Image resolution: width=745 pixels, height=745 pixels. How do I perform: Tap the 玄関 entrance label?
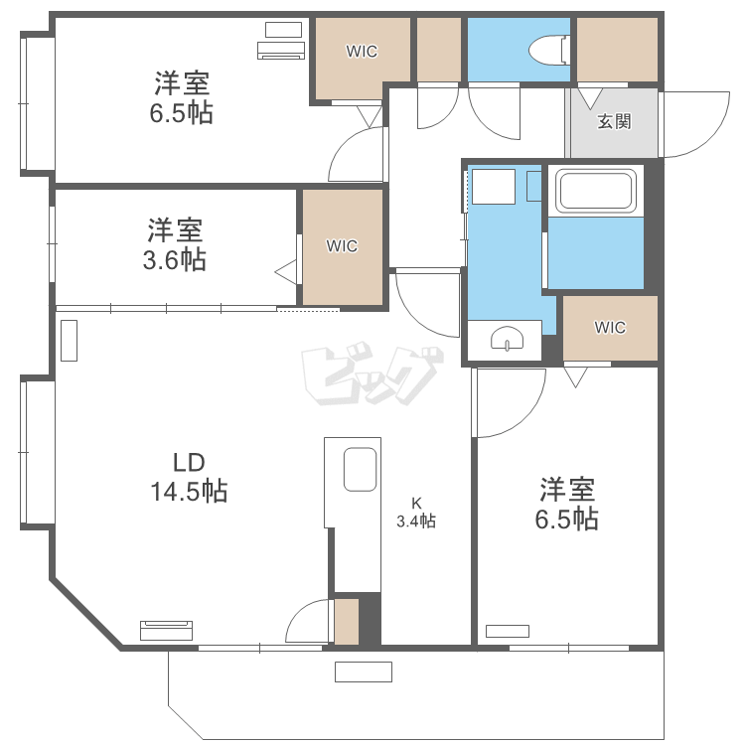click(613, 122)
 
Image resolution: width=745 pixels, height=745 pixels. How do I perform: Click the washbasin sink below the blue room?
click(507, 341)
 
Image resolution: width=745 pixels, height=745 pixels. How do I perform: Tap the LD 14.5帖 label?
click(188, 476)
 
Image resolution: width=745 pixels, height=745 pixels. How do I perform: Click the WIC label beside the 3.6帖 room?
click(342, 245)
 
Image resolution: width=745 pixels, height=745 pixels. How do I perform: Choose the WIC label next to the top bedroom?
click(362, 52)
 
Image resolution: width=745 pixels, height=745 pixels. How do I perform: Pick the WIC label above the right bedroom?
click(610, 328)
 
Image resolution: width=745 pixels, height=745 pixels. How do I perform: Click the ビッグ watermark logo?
click(370, 375)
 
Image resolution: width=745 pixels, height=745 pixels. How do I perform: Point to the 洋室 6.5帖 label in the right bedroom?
click(568, 504)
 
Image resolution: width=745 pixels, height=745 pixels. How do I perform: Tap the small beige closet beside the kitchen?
click(346, 622)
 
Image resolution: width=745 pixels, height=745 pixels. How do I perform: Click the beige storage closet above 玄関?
click(617, 50)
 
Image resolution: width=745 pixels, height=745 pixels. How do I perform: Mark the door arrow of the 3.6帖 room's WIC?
click(285, 269)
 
